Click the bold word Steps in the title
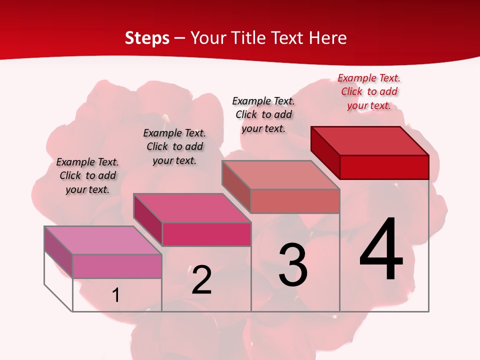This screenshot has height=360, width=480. point(147,38)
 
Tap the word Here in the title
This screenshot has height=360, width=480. point(327,38)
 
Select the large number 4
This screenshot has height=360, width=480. point(381,250)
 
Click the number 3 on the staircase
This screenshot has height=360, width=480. point(293,265)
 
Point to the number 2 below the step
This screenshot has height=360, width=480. point(201,280)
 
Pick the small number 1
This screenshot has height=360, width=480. point(116,295)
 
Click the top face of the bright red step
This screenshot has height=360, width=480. point(370,140)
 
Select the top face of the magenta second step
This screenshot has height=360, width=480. point(192,207)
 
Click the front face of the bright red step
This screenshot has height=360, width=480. point(384,167)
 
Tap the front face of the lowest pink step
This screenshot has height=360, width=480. point(117,266)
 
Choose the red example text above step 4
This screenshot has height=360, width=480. point(369,91)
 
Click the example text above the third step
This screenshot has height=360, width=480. point(263,114)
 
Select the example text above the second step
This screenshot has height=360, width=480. point(174,146)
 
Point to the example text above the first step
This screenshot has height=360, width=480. point(87,175)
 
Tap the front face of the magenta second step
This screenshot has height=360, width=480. point(206,234)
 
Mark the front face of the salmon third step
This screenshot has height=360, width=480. point(295,201)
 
